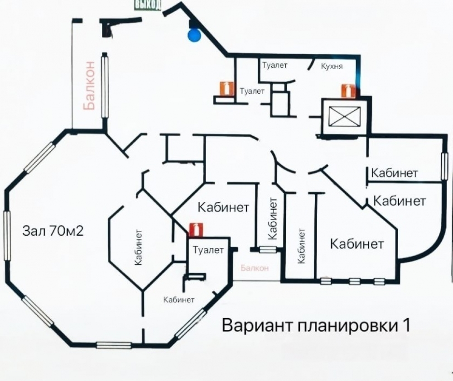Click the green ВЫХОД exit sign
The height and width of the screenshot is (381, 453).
pos(148,5)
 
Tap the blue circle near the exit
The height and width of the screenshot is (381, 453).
pos(194,35)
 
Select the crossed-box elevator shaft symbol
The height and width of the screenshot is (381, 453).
pos(342,116)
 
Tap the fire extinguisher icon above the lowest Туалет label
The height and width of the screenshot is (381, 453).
pos(195,229)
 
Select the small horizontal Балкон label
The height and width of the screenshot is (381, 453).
pos(255,268)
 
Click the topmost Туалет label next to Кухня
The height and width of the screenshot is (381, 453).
pos(275,65)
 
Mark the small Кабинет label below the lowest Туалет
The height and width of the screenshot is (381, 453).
pos(179,300)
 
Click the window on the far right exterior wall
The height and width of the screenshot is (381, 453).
pos(444,166)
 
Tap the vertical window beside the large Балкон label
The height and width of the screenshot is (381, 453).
pos(105,86)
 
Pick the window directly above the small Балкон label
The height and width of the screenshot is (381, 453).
pos(268,249)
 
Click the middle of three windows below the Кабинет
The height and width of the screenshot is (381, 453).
pos(354,281)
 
